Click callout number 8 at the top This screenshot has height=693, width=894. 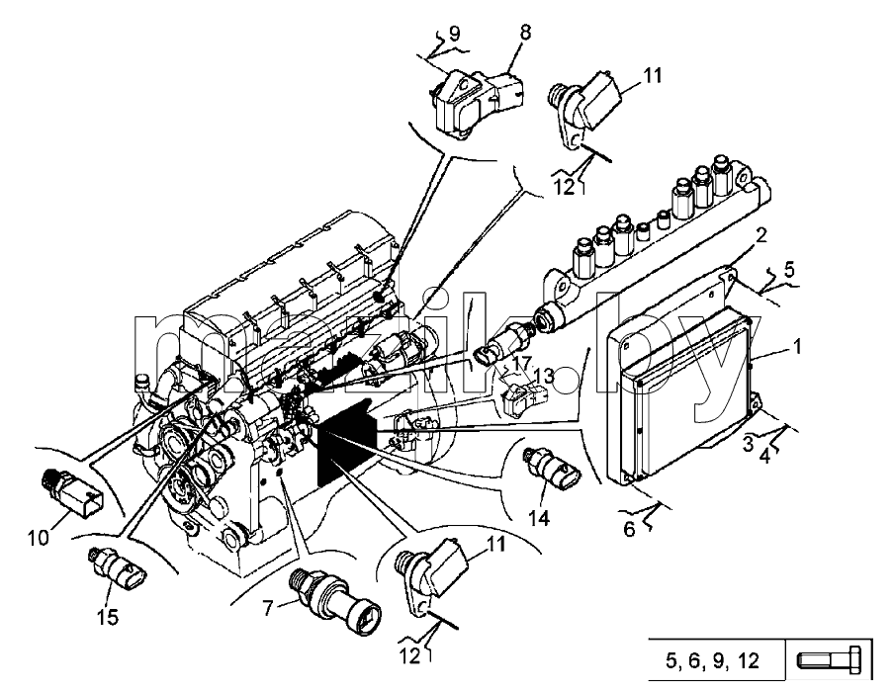coord(524,33)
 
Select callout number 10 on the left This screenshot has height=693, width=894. coord(39,538)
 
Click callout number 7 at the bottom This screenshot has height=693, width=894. coord(268,609)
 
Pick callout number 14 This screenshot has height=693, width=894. coord(538,518)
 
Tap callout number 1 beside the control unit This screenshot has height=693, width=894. coord(796,346)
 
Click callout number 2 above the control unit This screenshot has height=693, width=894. coord(761,235)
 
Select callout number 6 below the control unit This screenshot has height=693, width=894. coord(629,530)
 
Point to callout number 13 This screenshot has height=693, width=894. coord(543,376)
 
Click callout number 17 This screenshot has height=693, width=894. coord(521,363)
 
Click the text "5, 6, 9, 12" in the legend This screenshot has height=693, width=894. coord(712,661)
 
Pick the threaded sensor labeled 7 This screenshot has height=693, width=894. coord(334,598)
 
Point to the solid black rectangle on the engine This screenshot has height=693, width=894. coord(345,442)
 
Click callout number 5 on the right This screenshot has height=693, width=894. coord(788,269)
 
